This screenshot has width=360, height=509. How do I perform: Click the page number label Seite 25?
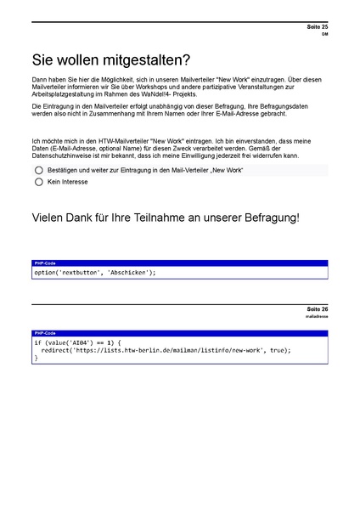point(318,28)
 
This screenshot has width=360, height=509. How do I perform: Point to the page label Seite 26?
point(318,308)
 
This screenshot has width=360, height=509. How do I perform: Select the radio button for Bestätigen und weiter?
point(39,170)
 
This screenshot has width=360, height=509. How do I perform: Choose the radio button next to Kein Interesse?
point(39,182)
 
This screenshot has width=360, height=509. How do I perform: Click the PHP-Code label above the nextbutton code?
point(45,263)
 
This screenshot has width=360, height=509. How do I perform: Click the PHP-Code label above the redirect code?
point(45,333)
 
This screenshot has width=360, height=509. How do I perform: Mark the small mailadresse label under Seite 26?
point(317,316)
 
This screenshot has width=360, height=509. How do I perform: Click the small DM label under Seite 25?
point(324,36)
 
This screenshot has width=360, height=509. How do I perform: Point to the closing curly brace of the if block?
point(37,358)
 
